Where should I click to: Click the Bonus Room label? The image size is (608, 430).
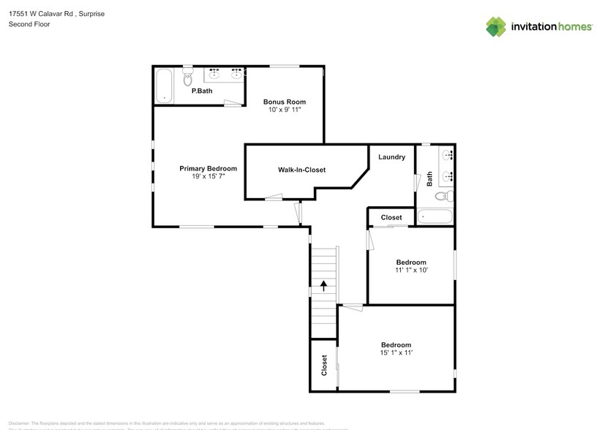coord(285,102)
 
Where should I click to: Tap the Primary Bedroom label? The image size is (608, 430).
coord(208,168)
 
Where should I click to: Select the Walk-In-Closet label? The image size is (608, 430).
coord(301,170)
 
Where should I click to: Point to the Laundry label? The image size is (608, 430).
coord(391,157)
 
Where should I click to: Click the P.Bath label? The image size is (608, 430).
coord(202,92)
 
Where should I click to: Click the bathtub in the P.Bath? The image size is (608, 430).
coord(164,86)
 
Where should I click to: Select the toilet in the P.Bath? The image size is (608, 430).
coord(187,76)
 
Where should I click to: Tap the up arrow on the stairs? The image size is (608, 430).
coord(323,286)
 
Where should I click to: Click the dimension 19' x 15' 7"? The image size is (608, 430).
coord(208,177)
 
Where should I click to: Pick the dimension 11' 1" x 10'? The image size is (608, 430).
coord(410,271)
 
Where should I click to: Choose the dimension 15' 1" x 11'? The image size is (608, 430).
coord(396,353)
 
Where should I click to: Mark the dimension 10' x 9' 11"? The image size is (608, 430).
coord(285,110)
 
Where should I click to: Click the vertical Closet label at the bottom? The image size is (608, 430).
coord(324,365)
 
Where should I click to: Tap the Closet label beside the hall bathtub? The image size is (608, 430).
coord(391,217)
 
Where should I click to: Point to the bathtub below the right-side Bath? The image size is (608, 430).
coord(435,217)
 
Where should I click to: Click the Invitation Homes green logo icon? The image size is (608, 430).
coord(496,26)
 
